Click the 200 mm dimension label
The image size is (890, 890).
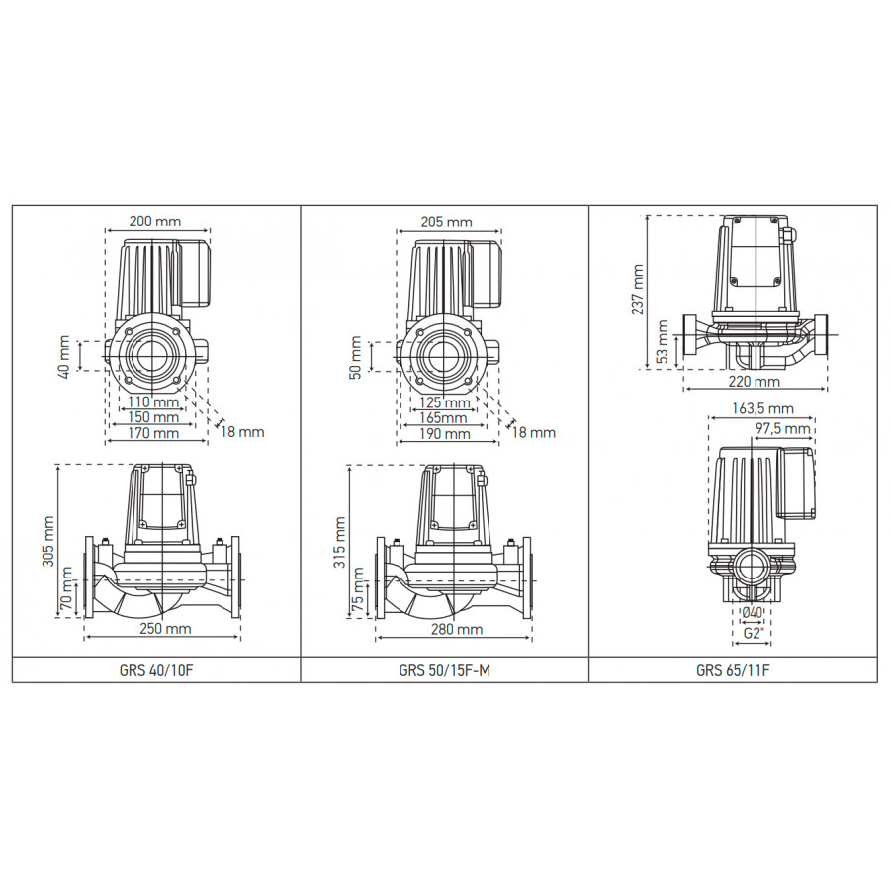155,221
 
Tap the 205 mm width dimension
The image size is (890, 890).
447,222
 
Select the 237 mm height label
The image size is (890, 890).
638,290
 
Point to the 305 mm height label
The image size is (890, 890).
48,542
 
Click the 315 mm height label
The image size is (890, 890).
340,542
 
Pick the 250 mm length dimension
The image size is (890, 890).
165,629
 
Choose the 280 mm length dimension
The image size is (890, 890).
457,630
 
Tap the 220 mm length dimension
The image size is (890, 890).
755,382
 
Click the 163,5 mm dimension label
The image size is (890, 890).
762,408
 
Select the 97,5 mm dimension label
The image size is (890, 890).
783,428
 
